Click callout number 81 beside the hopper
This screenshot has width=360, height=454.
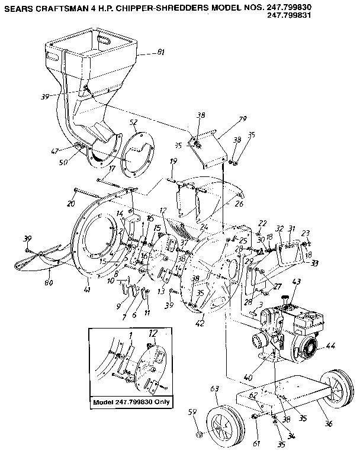pos(160,54)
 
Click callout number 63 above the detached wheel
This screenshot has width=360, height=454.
pos(214,388)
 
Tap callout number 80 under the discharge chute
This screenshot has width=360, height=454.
pos(49,282)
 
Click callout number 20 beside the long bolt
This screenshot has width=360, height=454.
pos(71,203)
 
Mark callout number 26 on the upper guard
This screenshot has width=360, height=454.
pos(239,204)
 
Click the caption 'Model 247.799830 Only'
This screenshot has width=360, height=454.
pos(131,402)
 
